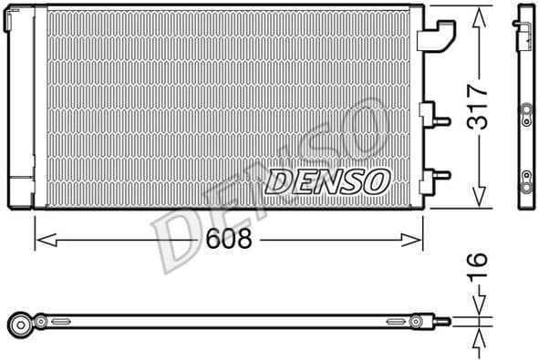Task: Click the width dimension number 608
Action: pos(227,240)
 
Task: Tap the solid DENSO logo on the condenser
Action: pos(327,180)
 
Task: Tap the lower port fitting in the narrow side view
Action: pos(525,177)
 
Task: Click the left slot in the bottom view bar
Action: pos(60,321)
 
